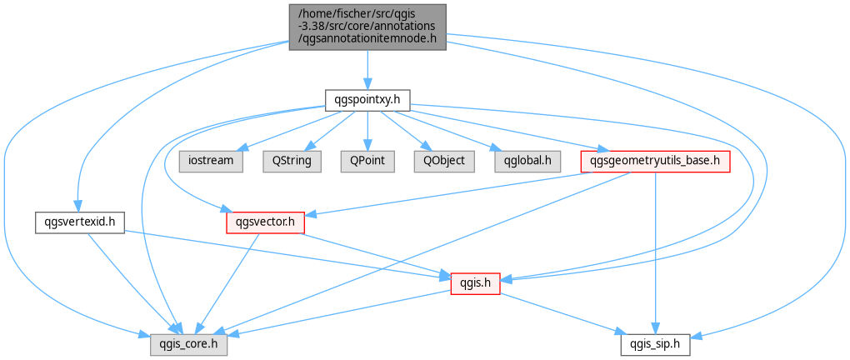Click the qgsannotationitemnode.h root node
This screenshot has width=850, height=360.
[x=367, y=27]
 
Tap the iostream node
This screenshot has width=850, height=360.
[x=211, y=161]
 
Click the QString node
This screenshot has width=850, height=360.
[x=292, y=161]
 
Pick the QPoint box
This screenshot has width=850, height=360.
[x=367, y=161]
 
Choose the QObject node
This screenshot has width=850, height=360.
[x=444, y=161]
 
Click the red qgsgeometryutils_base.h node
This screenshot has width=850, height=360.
[x=655, y=161]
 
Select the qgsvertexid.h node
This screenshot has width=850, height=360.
[x=80, y=222]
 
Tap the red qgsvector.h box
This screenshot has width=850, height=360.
[x=265, y=222]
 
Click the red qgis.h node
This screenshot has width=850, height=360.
[x=475, y=283]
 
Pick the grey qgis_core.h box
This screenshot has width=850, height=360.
[x=188, y=345]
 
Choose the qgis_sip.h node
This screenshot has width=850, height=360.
[x=655, y=345]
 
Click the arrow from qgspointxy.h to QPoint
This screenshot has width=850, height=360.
[x=367, y=129]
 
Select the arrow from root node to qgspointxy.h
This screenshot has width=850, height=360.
[x=367, y=70]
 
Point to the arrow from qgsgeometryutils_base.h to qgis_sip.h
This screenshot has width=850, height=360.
[x=655, y=253]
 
